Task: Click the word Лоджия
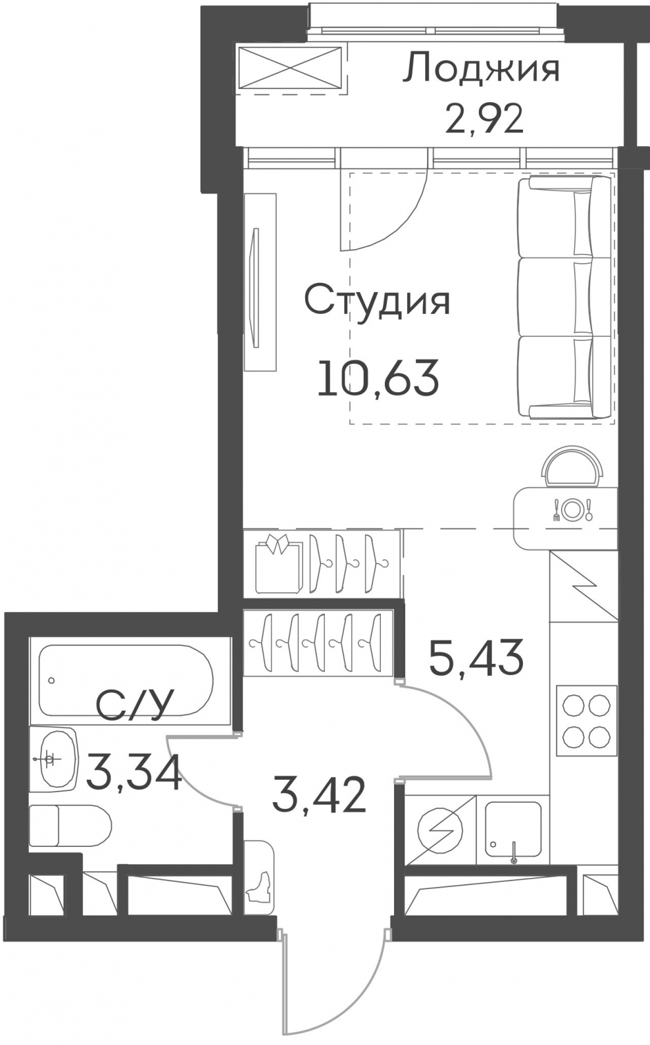click(481, 69)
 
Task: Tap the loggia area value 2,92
click(484, 118)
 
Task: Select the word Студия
click(377, 302)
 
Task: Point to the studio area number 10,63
click(378, 378)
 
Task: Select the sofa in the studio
click(564, 297)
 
